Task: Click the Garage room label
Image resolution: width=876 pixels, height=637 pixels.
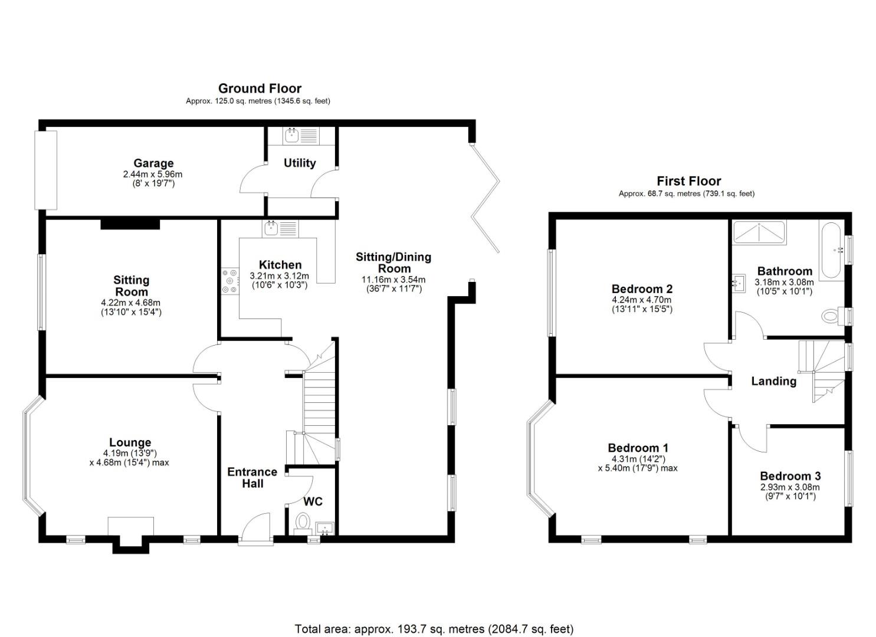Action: (153, 163)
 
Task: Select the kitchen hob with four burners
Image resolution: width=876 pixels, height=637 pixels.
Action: (230, 281)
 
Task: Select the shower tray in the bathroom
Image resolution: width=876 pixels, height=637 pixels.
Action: (759, 232)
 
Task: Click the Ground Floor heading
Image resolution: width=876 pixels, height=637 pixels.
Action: (260, 88)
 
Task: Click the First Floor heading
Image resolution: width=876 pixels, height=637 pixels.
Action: (688, 181)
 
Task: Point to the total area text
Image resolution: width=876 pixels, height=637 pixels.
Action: (434, 629)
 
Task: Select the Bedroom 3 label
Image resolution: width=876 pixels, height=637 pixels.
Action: (790, 476)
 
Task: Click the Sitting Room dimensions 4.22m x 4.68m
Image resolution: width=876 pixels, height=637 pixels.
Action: (131, 303)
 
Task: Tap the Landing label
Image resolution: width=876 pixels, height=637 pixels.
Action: (773, 381)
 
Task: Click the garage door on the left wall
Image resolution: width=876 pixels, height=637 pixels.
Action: (45, 170)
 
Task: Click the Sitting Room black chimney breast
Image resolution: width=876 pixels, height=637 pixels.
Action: (130, 224)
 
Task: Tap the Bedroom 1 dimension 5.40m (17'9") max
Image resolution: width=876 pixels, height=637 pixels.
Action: (637, 468)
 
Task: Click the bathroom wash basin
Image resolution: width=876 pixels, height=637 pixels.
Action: (739, 283)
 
